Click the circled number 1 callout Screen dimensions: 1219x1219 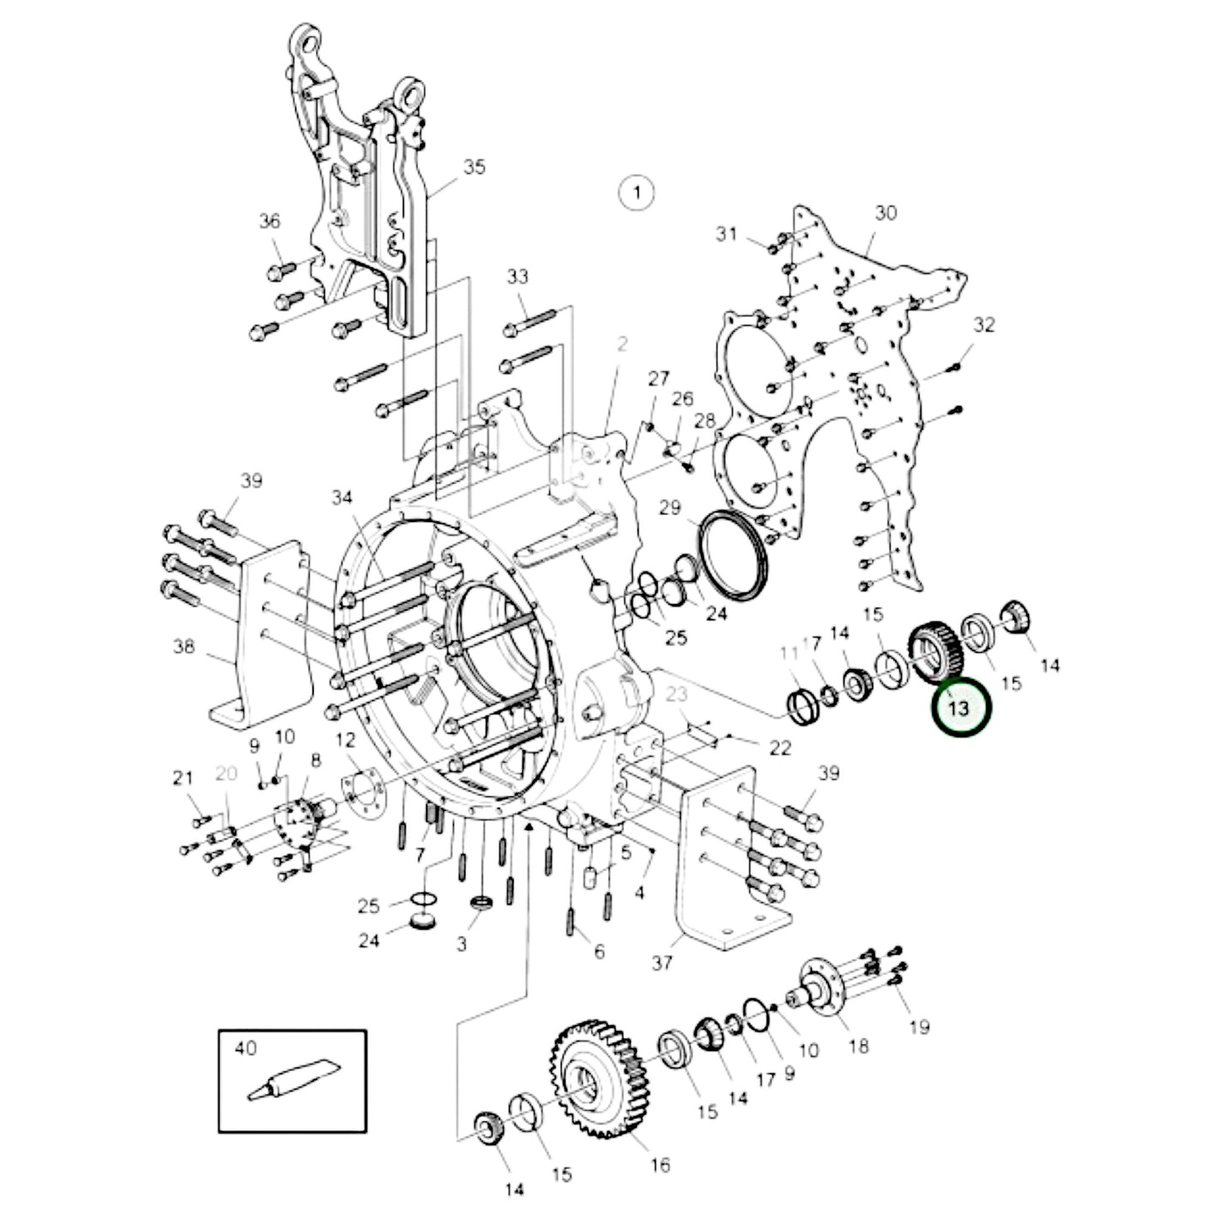point(637,193)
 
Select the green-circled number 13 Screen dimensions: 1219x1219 point(960,706)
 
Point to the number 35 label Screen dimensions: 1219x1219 point(475,167)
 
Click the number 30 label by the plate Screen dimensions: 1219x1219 point(886,213)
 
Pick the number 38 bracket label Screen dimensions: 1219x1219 point(184,648)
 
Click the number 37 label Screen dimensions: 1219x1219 point(662,962)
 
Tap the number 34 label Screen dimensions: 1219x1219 point(341,499)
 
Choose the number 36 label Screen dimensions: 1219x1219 point(269,222)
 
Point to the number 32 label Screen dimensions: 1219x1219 point(984,325)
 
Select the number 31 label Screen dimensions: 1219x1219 point(727,234)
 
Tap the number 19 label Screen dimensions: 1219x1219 point(919,1027)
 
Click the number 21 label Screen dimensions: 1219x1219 point(183,779)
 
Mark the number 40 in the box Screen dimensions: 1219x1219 point(245,1048)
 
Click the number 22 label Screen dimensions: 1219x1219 point(780,747)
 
